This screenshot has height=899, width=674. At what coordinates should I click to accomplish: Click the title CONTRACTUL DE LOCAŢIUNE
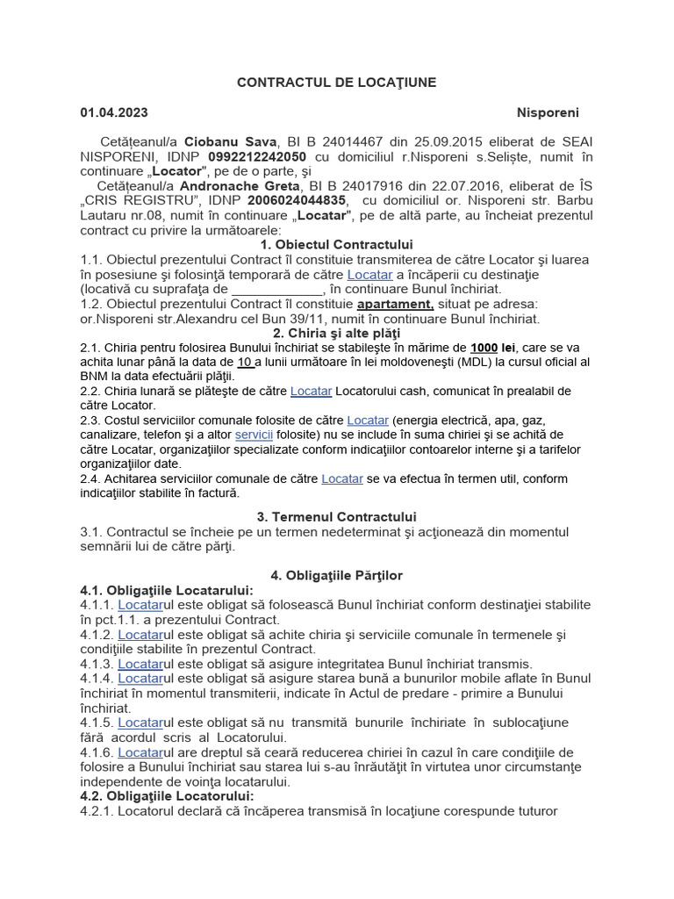(336, 83)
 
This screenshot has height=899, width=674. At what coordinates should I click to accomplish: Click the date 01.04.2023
(114, 112)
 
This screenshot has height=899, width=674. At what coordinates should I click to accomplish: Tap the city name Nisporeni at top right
(548, 112)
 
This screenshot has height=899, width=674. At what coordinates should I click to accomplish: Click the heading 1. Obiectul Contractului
(337, 245)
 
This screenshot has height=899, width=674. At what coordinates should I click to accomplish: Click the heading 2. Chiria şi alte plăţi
(336, 334)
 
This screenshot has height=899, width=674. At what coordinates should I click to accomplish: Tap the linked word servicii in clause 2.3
(255, 435)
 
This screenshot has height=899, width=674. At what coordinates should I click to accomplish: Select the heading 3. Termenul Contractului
(337, 517)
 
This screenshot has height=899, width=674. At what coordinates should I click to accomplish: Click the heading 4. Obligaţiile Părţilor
(337, 575)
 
